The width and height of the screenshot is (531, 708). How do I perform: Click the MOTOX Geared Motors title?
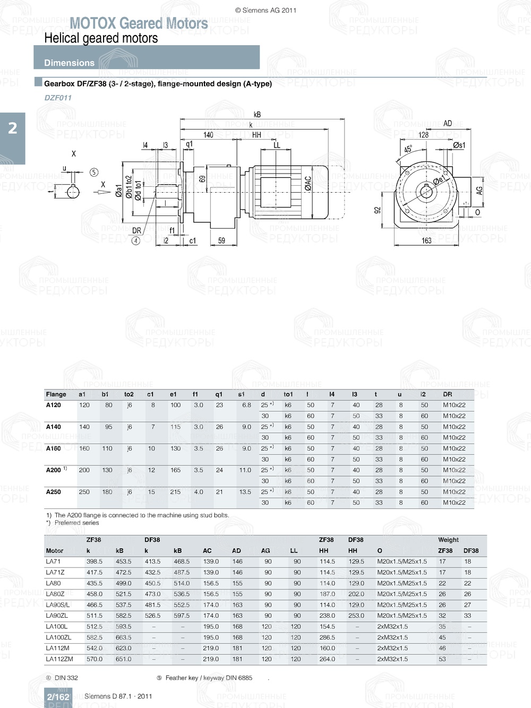pos(139,23)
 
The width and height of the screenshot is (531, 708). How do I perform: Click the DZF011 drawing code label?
pos(58,98)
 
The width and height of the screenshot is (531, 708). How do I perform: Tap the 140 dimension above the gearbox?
pos(208,135)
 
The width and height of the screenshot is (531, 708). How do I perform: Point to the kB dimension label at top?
pos(257,115)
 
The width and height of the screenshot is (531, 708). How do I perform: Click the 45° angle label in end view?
pos(408,150)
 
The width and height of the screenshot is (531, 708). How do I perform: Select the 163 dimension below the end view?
pos(426,241)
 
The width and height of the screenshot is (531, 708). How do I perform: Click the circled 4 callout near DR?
pos(136,241)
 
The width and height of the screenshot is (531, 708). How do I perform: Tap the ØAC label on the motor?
pos(308,184)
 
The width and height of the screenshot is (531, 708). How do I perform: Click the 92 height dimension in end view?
pos(378,210)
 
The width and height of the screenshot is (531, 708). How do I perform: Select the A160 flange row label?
pos(54,448)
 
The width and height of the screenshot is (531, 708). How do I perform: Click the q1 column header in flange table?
pos(219,394)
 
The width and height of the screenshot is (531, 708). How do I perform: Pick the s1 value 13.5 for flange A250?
pos(245,492)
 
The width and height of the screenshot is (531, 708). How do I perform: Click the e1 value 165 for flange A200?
pos(175,470)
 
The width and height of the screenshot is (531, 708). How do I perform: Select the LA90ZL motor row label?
pos(57,616)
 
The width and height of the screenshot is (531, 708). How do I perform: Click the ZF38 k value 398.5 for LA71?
pos(94,562)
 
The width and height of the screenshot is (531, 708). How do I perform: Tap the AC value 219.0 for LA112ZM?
pos(211,659)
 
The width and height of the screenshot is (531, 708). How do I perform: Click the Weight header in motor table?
pos(448,540)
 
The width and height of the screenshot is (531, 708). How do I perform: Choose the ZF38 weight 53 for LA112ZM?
pos(442,659)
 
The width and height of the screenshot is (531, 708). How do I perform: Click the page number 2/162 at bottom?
pos(58,697)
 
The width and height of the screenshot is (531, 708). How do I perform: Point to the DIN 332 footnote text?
pos(66,678)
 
